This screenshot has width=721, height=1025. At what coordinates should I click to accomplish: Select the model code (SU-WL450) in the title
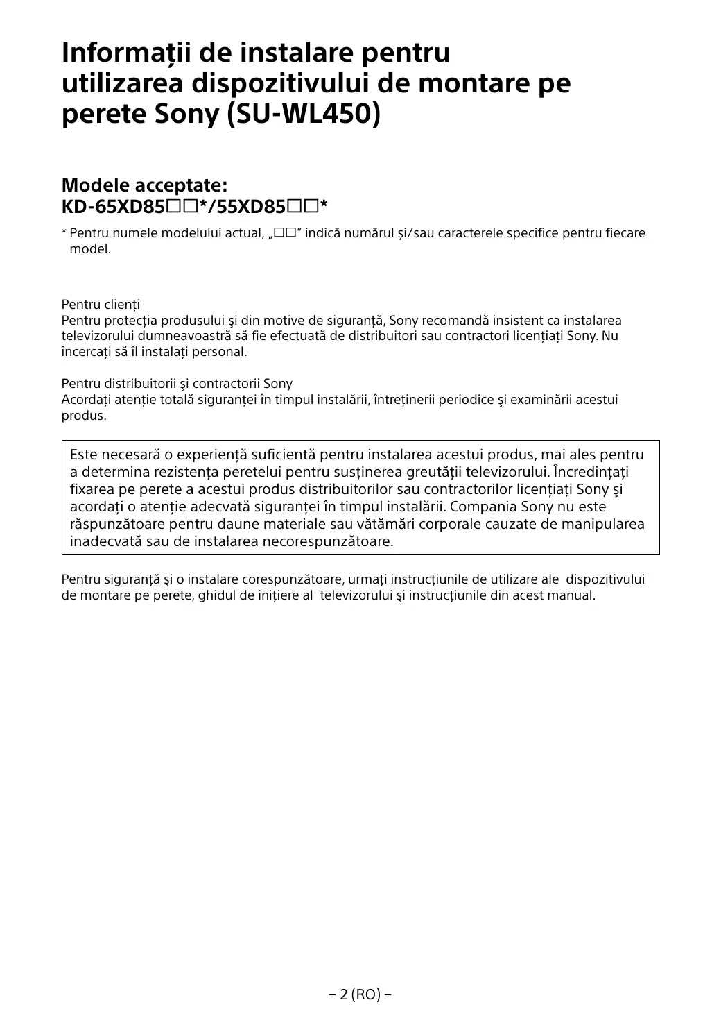(x=304, y=115)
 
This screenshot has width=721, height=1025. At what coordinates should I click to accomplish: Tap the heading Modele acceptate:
(x=144, y=185)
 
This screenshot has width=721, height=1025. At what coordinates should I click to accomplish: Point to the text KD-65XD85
(x=113, y=206)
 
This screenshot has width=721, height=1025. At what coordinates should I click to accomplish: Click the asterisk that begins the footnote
(x=64, y=232)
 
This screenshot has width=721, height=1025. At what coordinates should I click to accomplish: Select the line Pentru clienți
(x=101, y=305)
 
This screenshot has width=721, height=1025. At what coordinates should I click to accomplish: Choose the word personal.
(x=223, y=352)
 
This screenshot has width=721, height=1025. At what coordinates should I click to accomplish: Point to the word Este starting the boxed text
(x=83, y=455)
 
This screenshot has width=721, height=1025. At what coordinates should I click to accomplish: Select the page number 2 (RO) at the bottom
(x=360, y=994)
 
